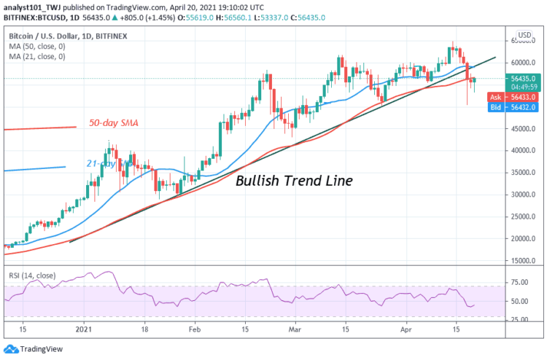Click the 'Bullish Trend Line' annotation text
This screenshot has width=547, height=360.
click(x=294, y=181)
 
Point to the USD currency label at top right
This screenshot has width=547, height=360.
click(x=524, y=35)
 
